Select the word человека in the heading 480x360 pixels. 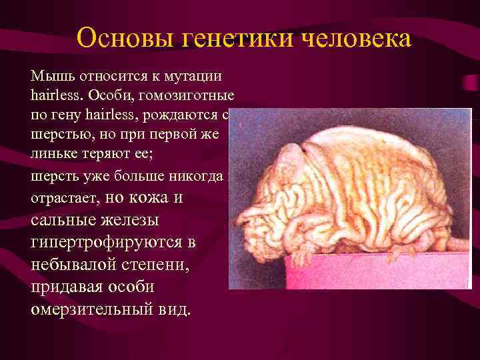click(349, 38)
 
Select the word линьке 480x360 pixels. click(52, 155)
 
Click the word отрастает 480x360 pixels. click(63, 198)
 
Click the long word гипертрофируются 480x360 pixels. click(105, 242)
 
